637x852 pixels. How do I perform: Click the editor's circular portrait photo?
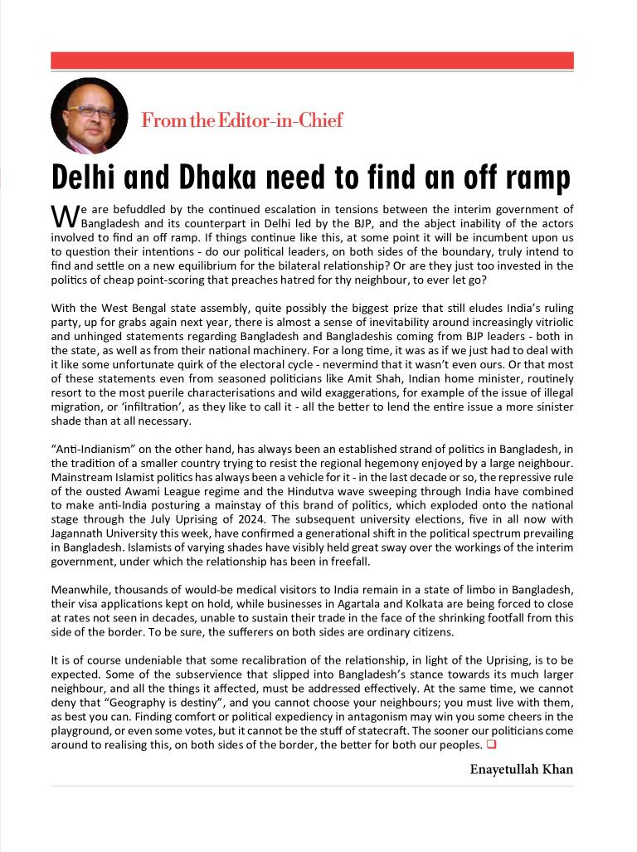89,115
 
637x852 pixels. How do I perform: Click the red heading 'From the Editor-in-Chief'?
241,120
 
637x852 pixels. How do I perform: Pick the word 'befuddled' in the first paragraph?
140,210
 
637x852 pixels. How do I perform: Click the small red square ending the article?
491,744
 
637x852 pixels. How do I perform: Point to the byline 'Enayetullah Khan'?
522,769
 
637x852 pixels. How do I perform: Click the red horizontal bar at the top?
312,61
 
